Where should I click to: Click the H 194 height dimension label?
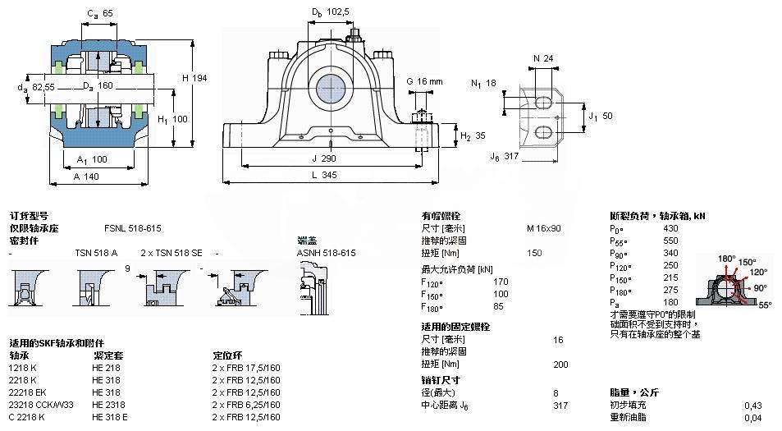point(194,77)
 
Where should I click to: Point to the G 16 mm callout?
point(424,81)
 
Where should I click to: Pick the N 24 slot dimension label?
point(542,58)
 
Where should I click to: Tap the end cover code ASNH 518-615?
point(326,254)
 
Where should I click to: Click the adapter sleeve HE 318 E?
point(109,417)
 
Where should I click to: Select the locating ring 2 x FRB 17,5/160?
point(246,368)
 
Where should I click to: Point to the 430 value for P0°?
point(670,228)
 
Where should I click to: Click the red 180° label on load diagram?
point(726,259)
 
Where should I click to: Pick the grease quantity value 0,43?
point(752,406)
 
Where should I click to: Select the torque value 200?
point(560,364)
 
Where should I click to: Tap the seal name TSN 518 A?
point(96,254)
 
